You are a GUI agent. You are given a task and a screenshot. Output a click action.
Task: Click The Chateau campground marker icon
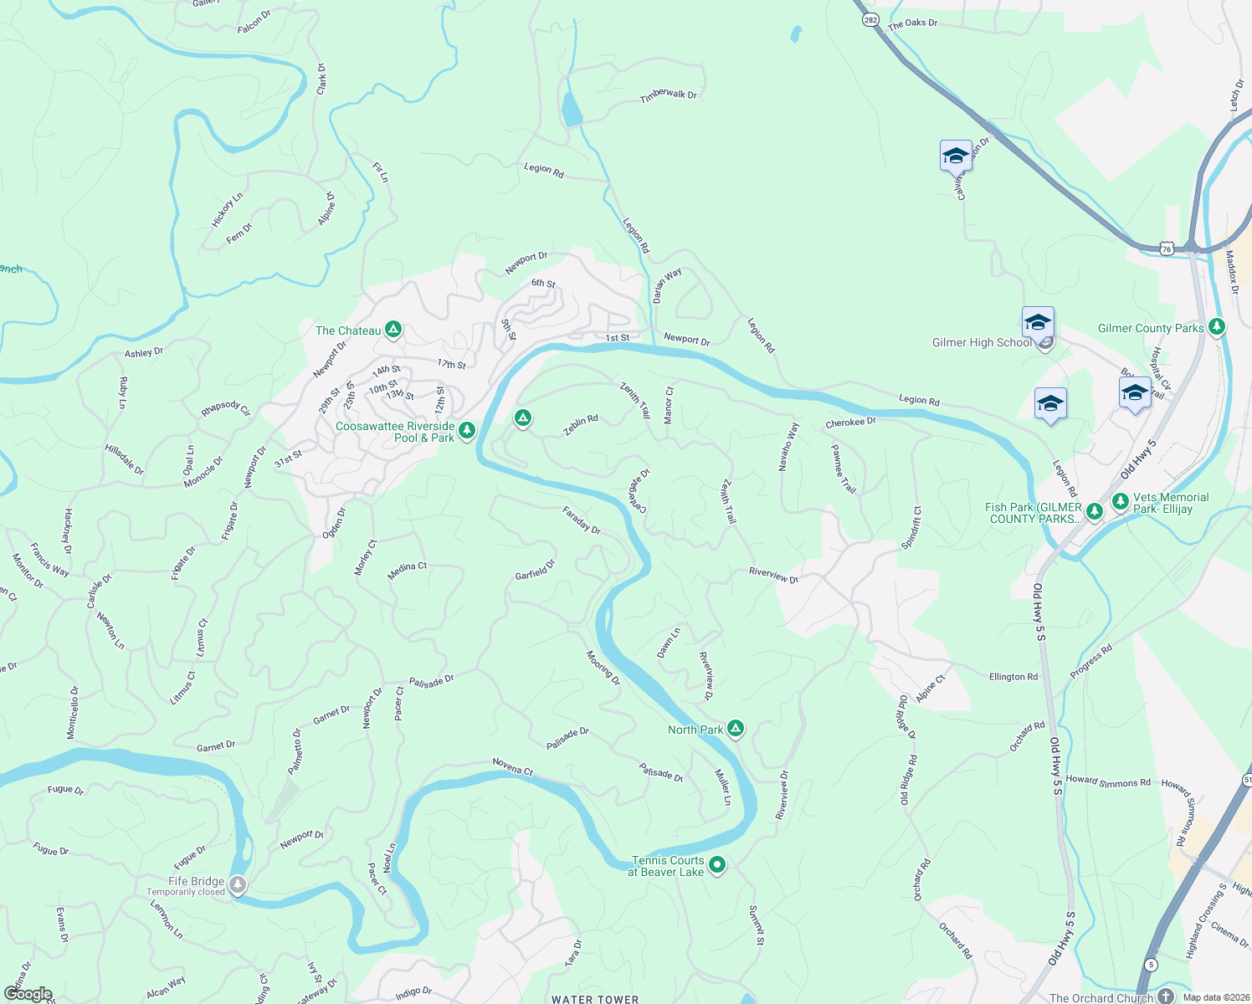point(393,330)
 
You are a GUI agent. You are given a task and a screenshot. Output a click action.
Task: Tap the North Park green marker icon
point(735,729)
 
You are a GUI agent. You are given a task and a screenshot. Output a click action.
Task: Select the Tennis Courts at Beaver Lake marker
point(717,865)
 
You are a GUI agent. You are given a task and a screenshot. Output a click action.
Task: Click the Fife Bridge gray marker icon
point(239,884)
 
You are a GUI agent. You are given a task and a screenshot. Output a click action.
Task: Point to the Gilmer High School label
point(982,342)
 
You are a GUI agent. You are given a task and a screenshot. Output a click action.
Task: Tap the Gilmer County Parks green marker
point(1217,327)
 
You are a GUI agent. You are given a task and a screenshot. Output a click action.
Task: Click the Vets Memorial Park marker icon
point(1121,502)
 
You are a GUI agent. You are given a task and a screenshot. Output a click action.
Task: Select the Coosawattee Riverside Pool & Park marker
point(467,431)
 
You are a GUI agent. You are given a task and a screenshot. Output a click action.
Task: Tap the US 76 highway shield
point(1167,248)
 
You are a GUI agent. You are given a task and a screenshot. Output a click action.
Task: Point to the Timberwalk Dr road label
point(669,95)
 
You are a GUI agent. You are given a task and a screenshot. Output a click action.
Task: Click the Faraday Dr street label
point(582,520)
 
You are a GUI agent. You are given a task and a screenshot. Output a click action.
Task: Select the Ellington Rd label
point(1013,677)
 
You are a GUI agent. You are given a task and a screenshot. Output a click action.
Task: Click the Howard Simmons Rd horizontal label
point(1108,781)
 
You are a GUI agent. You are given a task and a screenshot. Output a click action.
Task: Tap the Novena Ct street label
point(512,766)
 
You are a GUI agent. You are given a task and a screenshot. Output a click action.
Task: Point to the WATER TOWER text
point(595,999)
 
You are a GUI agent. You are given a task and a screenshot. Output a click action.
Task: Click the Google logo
point(28,994)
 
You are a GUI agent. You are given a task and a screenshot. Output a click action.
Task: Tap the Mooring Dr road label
point(603,668)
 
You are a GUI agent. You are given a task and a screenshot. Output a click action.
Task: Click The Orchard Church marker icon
point(1167,996)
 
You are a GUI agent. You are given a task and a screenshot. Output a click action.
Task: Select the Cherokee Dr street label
point(850,423)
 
